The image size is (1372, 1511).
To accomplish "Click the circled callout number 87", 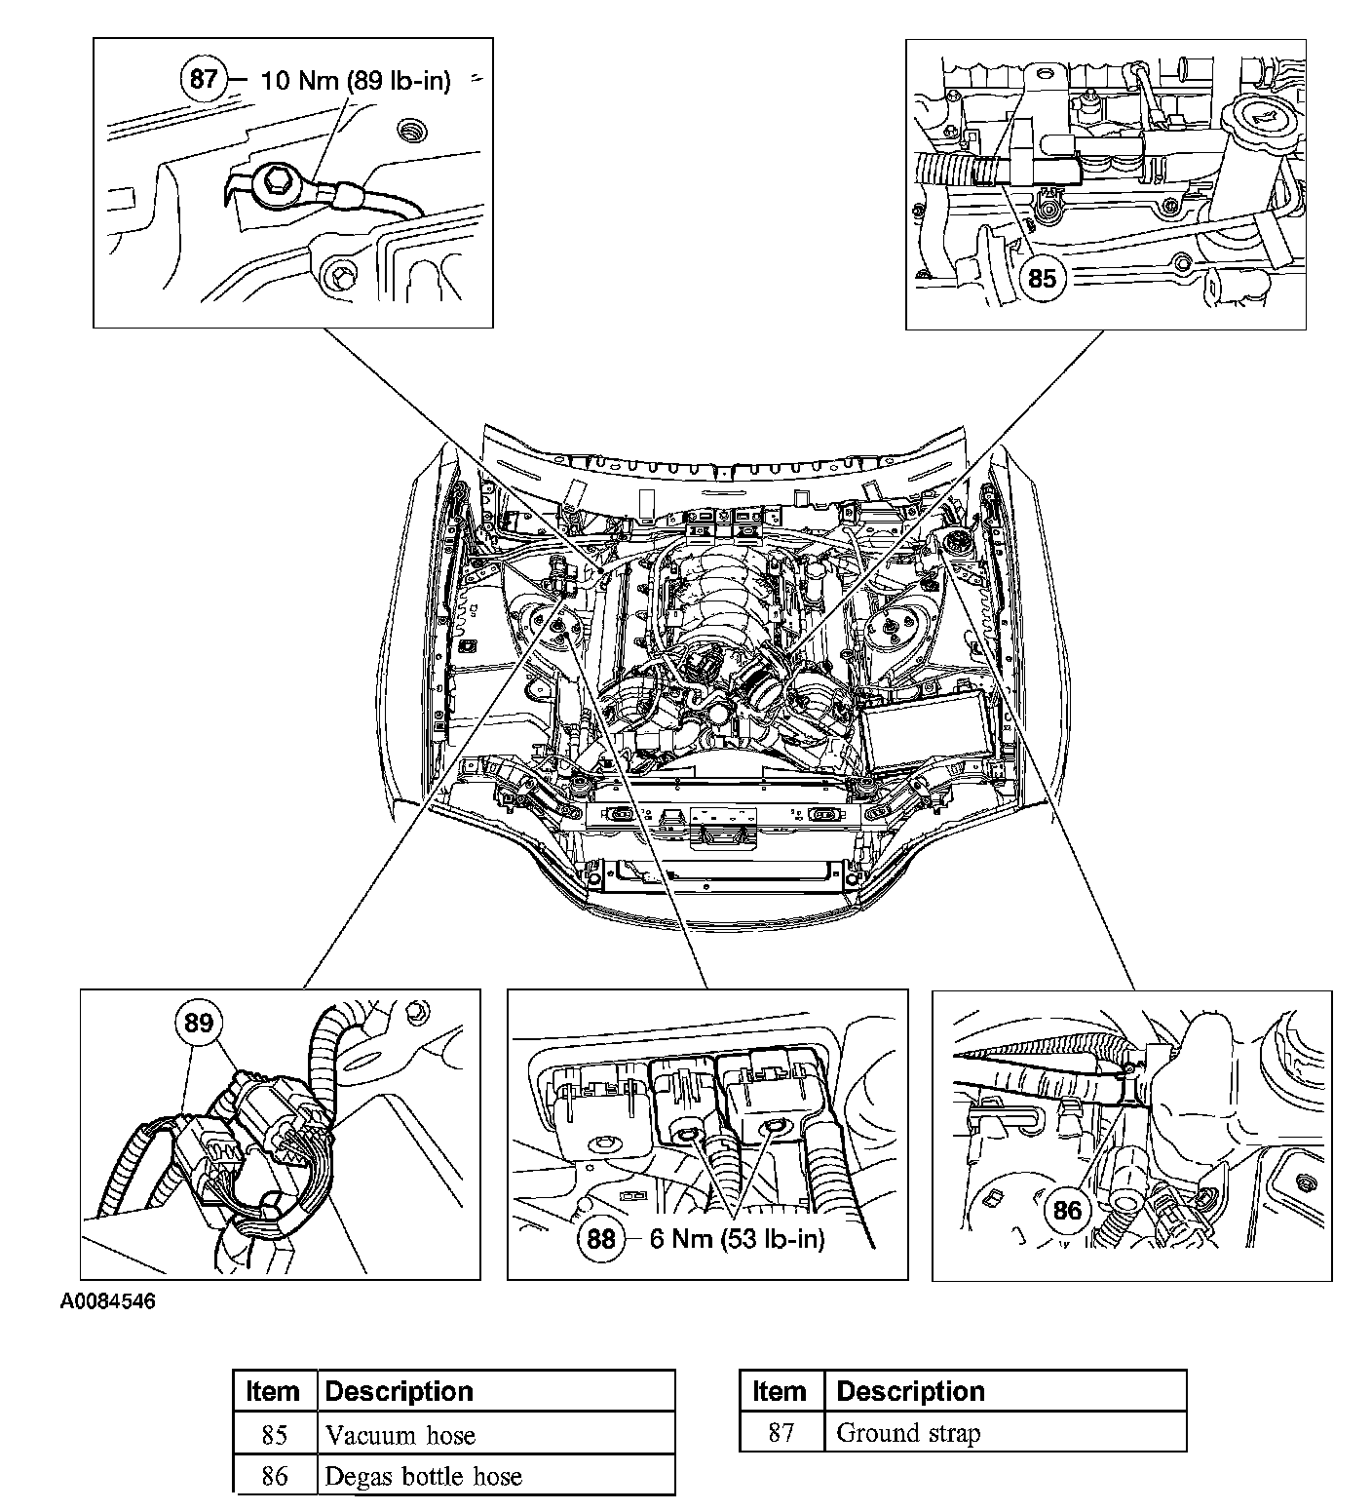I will pos(203,78).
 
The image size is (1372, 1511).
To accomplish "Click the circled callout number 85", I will pos(1042,278).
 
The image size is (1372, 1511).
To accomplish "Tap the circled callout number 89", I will pos(198,1023).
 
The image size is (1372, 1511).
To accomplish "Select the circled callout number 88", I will pos(601,1238).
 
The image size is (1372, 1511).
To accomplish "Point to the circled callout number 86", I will pos(1068,1210).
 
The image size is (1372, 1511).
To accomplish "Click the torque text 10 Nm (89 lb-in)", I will pos(356,80).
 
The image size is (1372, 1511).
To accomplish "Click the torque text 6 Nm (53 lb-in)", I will pos(737,1238).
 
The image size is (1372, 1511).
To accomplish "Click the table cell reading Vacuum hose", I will pos(400,1435).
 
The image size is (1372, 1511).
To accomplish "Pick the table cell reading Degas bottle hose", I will pos(424,1476).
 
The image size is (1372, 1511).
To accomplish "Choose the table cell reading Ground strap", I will pos(908,1432).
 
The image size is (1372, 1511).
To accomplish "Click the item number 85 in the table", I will pos(275,1435).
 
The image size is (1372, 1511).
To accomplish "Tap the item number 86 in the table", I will pos(275,1476).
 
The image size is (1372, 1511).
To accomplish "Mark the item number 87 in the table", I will pos(781,1432).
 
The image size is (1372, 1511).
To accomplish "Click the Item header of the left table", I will pos(274,1391).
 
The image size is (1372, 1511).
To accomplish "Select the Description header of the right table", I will pos(910,1391).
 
